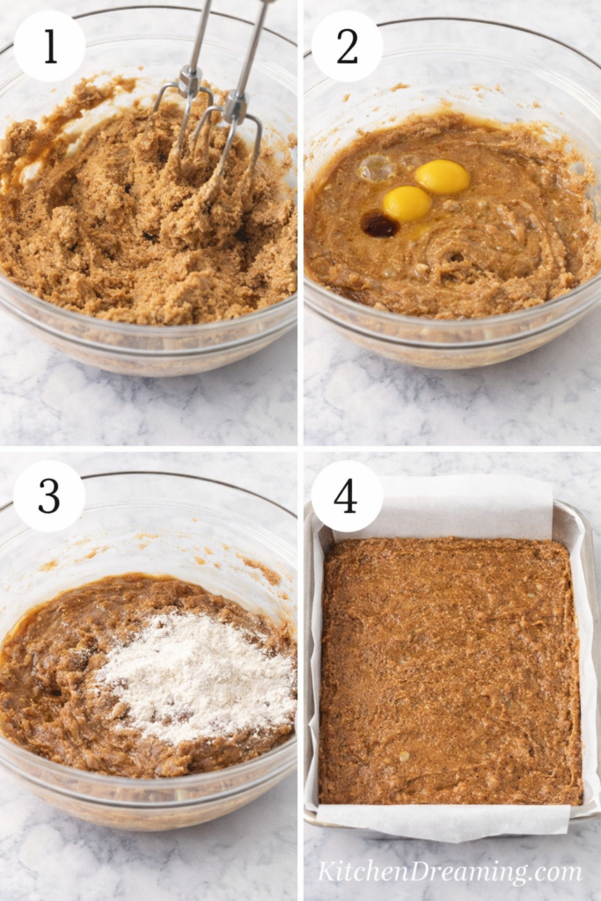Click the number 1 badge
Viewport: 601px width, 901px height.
click(x=49, y=47)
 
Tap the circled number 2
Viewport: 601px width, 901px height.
click(x=347, y=47)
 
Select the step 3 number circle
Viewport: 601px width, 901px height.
click(x=49, y=496)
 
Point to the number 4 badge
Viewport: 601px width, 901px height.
click(x=347, y=496)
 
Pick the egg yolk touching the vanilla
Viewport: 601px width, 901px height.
click(x=407, y=203)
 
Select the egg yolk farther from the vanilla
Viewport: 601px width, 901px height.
click(x=443, y=177)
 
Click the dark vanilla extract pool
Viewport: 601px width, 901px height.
click(x=380, y=226)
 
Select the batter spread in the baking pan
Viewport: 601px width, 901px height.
click(x=449, y=669)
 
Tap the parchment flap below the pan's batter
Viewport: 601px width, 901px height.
click(x=440, y=819)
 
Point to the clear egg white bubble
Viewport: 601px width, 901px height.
click(x=377, y=168)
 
